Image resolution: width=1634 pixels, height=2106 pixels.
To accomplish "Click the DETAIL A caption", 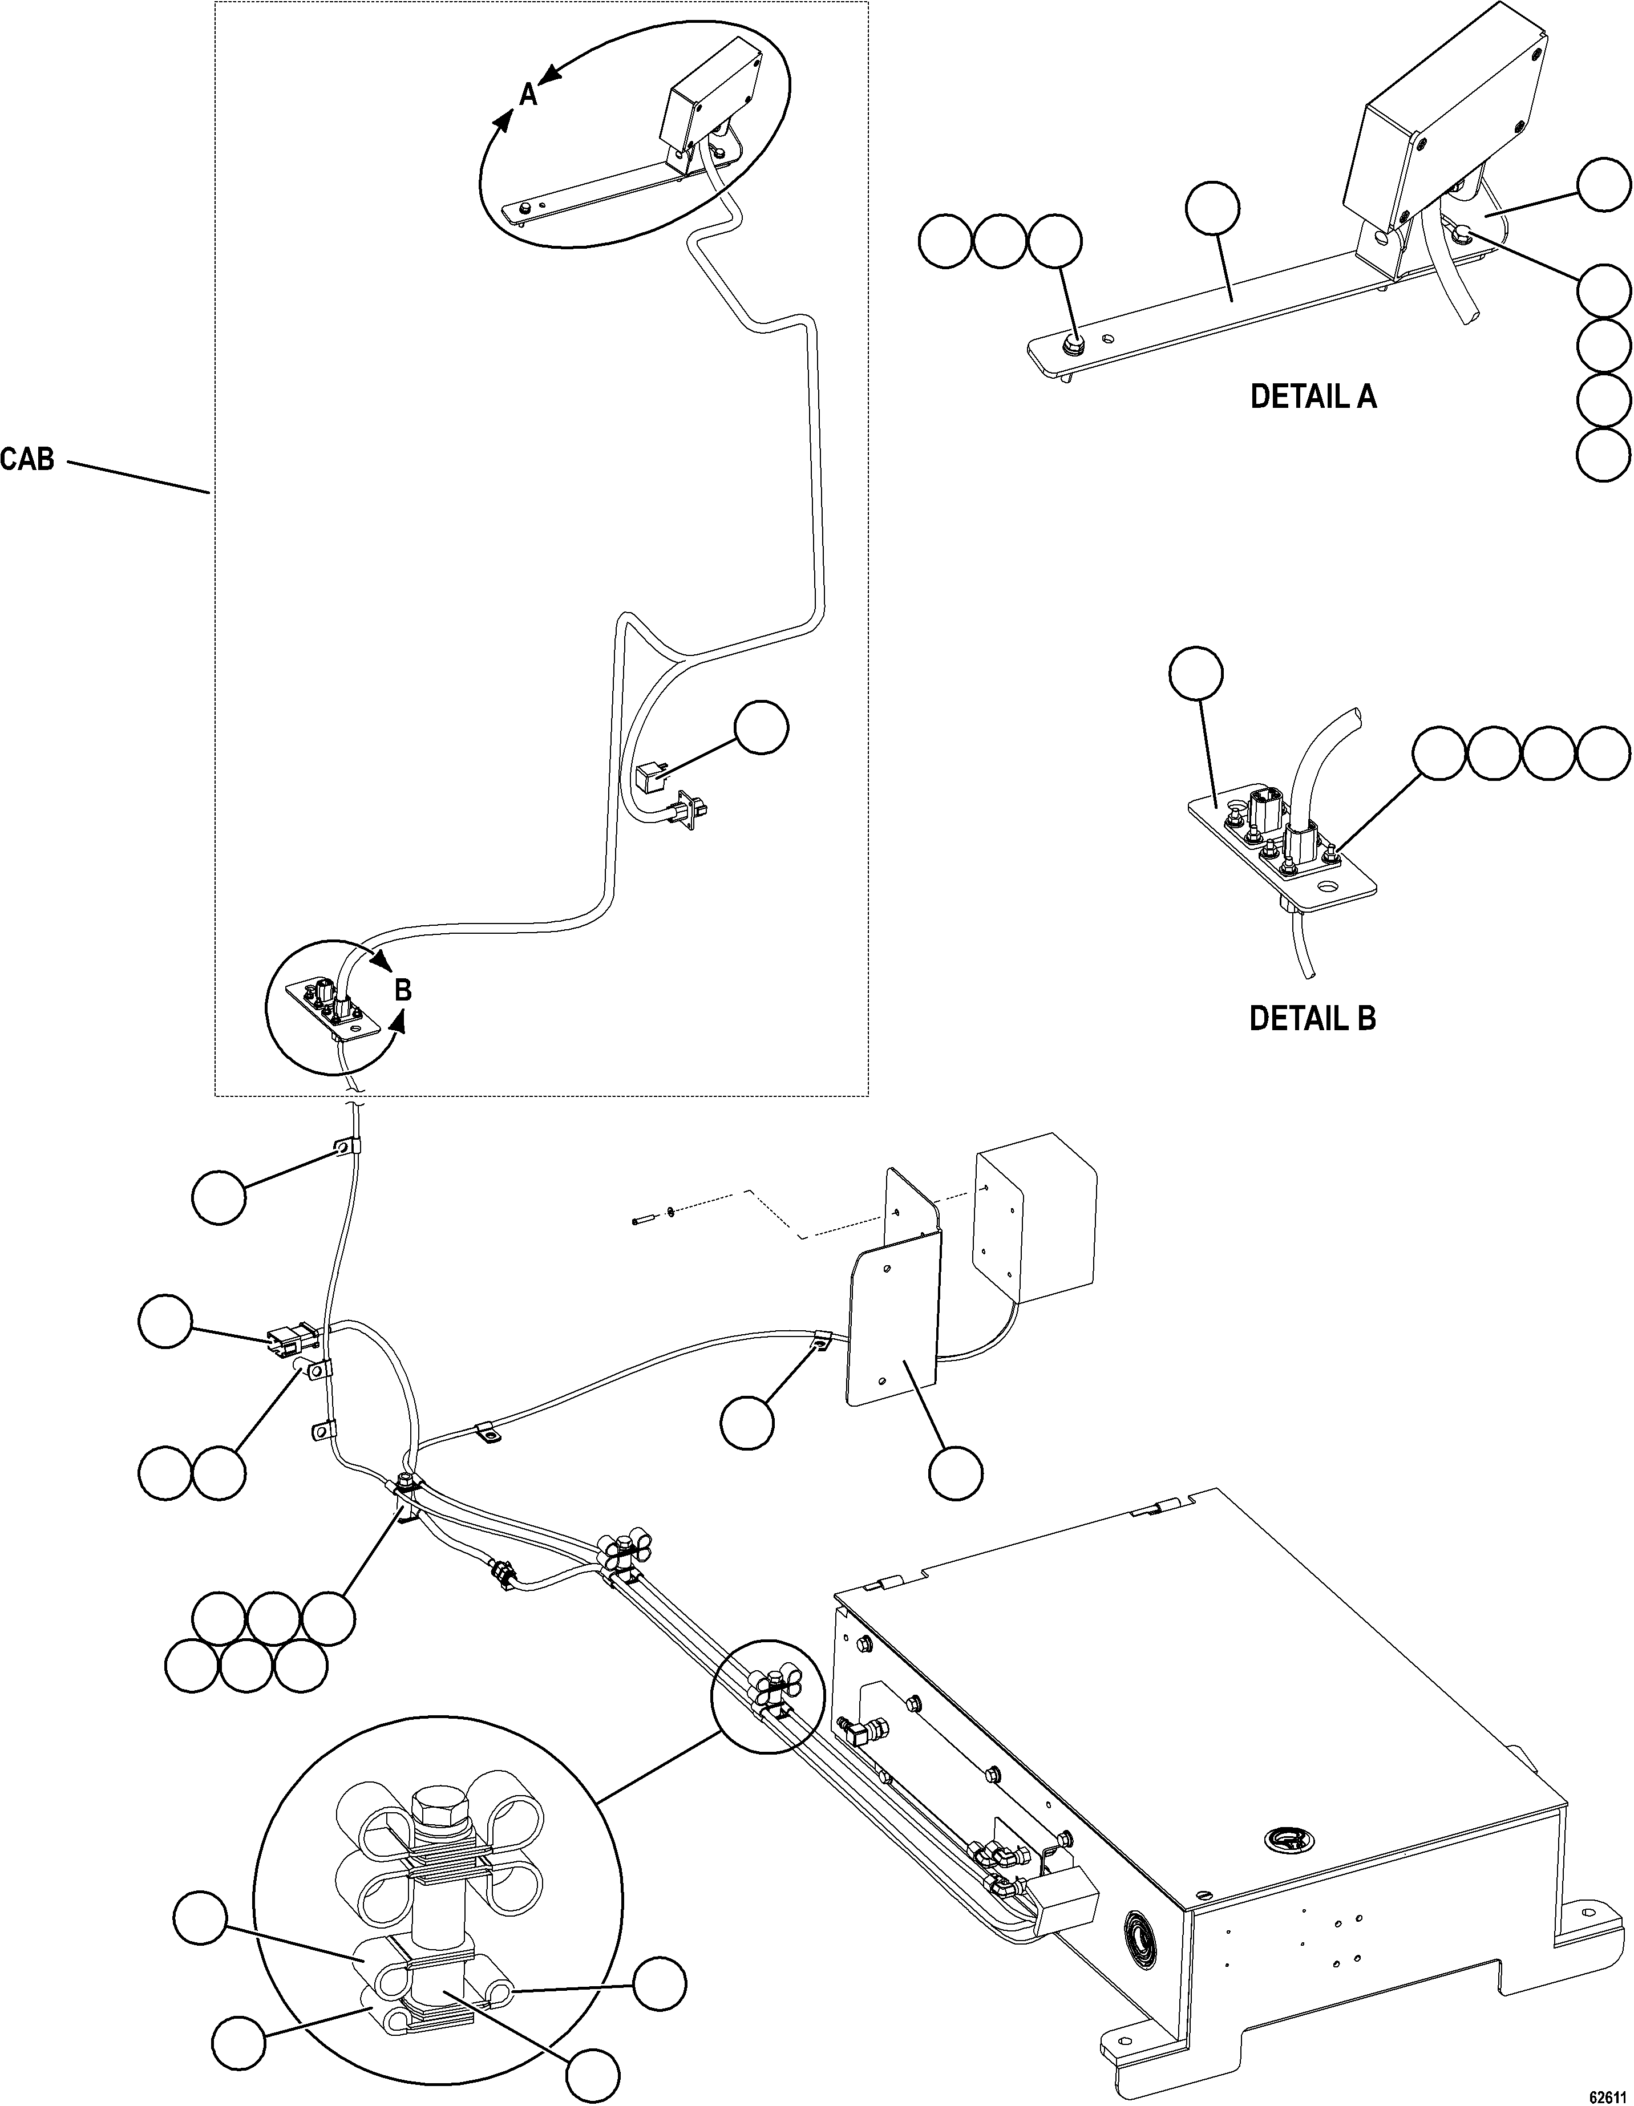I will point(1313,396).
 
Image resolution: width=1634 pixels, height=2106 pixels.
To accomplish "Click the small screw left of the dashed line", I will point(638,1222).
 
